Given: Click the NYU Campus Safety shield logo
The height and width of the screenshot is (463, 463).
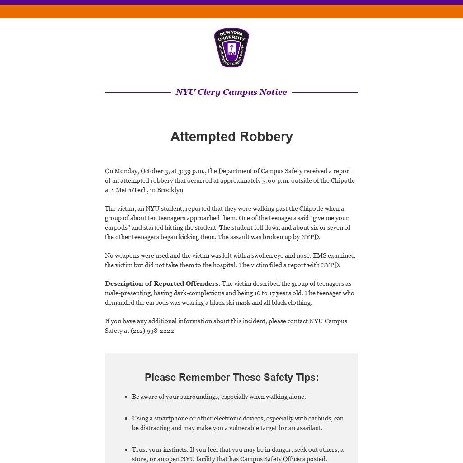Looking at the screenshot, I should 231,47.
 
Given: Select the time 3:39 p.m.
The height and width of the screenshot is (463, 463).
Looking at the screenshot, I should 191,171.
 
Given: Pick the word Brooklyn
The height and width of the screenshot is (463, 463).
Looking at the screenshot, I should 170,190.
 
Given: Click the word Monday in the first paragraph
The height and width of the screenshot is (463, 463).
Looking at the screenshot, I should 126,171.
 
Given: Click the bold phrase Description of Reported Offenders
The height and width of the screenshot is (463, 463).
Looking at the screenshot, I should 162,283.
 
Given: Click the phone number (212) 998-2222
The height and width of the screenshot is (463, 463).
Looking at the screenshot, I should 152,331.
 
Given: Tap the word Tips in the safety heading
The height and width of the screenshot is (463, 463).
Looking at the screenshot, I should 304,377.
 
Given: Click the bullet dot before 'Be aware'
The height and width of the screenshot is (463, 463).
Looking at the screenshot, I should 126,397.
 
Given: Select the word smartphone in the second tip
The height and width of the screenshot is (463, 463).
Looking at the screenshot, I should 171,418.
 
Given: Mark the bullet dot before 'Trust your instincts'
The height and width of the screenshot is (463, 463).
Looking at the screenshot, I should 126,450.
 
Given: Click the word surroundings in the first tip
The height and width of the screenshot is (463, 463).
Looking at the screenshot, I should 199,397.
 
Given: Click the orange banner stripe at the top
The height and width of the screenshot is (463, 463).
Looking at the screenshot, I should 231,11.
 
